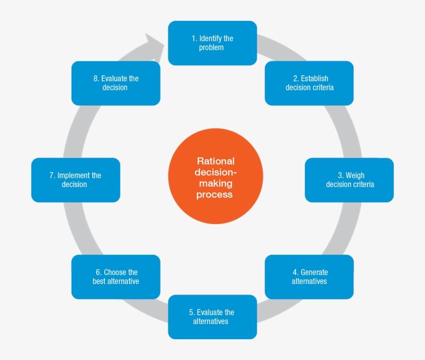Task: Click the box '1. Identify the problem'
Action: pyautogui.click(x=212, y=43)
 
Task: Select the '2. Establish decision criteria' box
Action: pyautogui.click(x=309, y=83)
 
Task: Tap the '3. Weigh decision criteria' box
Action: pyautogui.click(x=349, y=180)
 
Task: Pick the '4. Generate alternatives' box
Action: pyautogui.click(x=309, y=276)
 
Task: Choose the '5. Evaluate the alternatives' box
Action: pyautogui.click(x=212, y=316)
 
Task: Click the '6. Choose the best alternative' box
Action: pyautogui.click(x=116, y=276)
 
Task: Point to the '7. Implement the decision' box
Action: pyautogui.click(x=76, y=180)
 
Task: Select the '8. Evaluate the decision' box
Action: pyautogui.click(x=116, y=83)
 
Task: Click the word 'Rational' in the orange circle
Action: pyautogui.click(x=216, y=161)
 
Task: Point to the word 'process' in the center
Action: pyautogui.click(x=216, y=195)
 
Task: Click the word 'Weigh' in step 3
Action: pyautogui.click(x=355, y=175)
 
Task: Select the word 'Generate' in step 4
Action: pyautogui.click(x=314, y=272)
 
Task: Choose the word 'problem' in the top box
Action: pyautogui.click(x=212, y=48)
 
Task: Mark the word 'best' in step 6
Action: pyautogui.click(x=99, y=281)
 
